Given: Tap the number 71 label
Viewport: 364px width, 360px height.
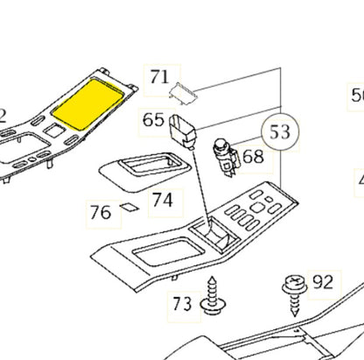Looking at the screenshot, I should pyautogui.click(x=158, y=77).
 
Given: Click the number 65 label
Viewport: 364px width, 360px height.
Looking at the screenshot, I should pyautogui.click(x=154, y=120).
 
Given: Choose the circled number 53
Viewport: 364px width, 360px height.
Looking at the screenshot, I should pyautogui.click(x=279, y=133).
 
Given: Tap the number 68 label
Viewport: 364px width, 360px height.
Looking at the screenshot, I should pyautogui.click(x=253, y=158).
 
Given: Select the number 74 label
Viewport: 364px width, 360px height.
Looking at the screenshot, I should pyautogui.click(x=161, y=199).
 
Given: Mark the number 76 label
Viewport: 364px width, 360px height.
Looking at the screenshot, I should pyautogui.click(x=101, y=212).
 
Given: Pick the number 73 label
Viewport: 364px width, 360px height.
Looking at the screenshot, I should pyautogui.click(x=180, y=304).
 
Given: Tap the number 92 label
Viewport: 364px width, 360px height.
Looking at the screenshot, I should pyautogui.click(x=323, y=281).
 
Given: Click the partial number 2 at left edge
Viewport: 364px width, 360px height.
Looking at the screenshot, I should pyautogui.click(x=3, y=115).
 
